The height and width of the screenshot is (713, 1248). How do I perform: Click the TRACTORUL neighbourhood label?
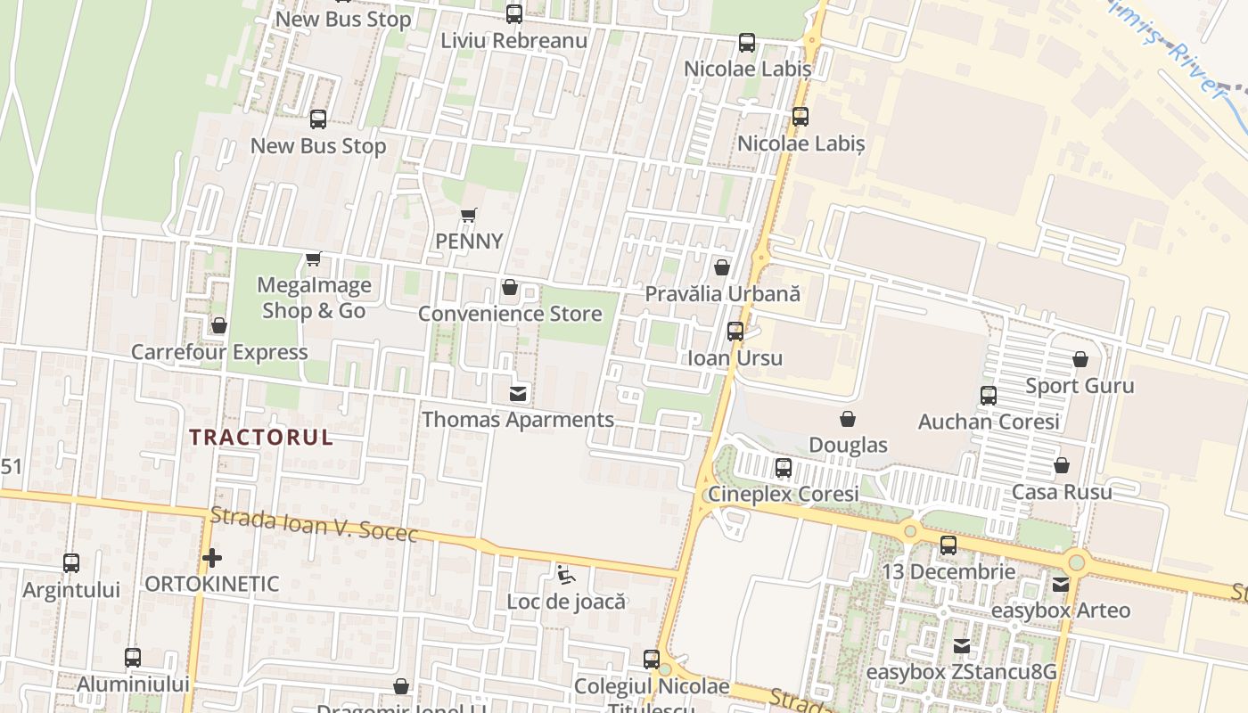(x=261, y=437)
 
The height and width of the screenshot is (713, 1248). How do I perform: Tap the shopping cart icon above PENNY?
(x=468, y=215)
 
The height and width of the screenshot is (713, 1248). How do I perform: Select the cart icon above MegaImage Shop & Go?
(x=313, y=258)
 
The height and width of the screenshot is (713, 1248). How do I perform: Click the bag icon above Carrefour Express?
(x=219, y=325)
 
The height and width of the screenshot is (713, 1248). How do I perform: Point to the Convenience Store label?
(x=510, y=314)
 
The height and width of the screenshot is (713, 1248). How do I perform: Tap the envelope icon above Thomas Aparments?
(x=518, y=393)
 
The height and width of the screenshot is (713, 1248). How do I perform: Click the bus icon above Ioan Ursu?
(x=735, y=332)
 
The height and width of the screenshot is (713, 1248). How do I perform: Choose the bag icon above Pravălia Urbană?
(x=722, y=266)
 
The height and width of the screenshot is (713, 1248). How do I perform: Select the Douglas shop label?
(x=848, y=445)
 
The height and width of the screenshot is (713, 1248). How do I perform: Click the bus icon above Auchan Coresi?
(x=989, y=396)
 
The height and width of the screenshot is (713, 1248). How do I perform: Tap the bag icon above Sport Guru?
(x=1080, y=359)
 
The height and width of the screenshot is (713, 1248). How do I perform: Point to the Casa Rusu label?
(x=1062, y=492)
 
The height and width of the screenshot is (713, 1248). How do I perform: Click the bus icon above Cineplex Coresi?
(x=784, y=467)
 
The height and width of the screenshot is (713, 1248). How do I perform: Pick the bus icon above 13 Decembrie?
(x=948, y=545)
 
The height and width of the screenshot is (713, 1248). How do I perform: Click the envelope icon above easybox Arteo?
(x=1061, y=585)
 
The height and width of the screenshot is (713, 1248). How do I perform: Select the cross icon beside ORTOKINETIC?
(x=212, y=559)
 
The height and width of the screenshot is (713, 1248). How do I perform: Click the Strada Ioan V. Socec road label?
(x=314, y=525)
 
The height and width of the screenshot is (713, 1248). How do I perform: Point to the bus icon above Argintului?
(x=71, y=563)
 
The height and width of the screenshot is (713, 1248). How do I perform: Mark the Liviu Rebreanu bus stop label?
(x=514, y=41)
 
